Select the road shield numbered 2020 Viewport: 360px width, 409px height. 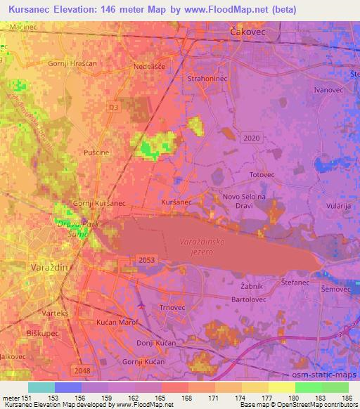click(x=250, y=138)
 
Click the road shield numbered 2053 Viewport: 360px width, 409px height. click(x=146, y=260)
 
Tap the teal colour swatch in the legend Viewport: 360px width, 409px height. click(x=41, y=387)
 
